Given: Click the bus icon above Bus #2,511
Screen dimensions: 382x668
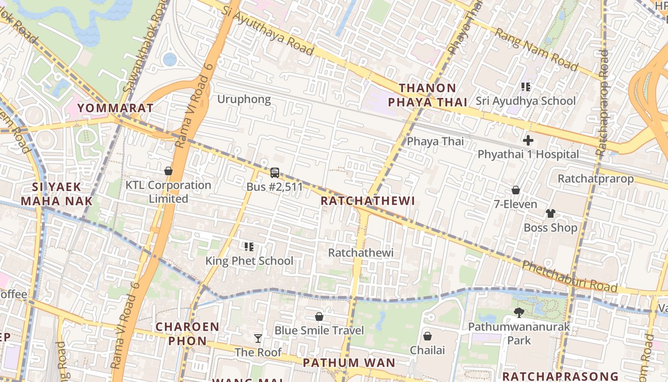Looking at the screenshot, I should click(275, 173).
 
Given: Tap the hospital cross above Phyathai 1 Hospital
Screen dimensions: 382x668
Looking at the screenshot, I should click(528, 140).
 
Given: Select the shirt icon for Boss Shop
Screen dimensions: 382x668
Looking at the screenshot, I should click(550, 213).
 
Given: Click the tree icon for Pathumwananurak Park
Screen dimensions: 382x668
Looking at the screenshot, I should click(519, 312).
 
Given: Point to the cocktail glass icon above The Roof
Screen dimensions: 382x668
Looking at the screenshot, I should click(258, 338).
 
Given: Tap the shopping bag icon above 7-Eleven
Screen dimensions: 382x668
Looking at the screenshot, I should click(516, 190).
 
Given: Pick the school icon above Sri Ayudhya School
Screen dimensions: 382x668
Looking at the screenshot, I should click(526, 87).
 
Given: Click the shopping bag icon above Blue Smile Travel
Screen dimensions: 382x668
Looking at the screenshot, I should click(319, 317).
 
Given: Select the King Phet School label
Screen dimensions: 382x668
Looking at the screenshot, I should click(249, 261).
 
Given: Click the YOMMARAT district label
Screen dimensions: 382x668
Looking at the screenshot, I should click(115, 108).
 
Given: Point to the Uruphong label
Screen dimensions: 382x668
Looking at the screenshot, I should click(244, 99).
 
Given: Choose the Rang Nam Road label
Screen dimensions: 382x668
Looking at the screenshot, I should click(536, 49).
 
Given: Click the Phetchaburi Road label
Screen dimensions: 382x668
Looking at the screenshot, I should click(570, 276).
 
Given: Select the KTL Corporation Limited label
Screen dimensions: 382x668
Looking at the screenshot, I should click(168, 191).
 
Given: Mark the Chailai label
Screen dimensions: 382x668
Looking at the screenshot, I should click(428, 350).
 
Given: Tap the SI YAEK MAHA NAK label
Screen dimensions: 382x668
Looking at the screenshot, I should click(56, 193).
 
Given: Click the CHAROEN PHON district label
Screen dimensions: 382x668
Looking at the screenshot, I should click(188, 334).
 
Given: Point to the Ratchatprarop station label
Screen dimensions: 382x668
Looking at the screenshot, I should click(595, 179).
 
